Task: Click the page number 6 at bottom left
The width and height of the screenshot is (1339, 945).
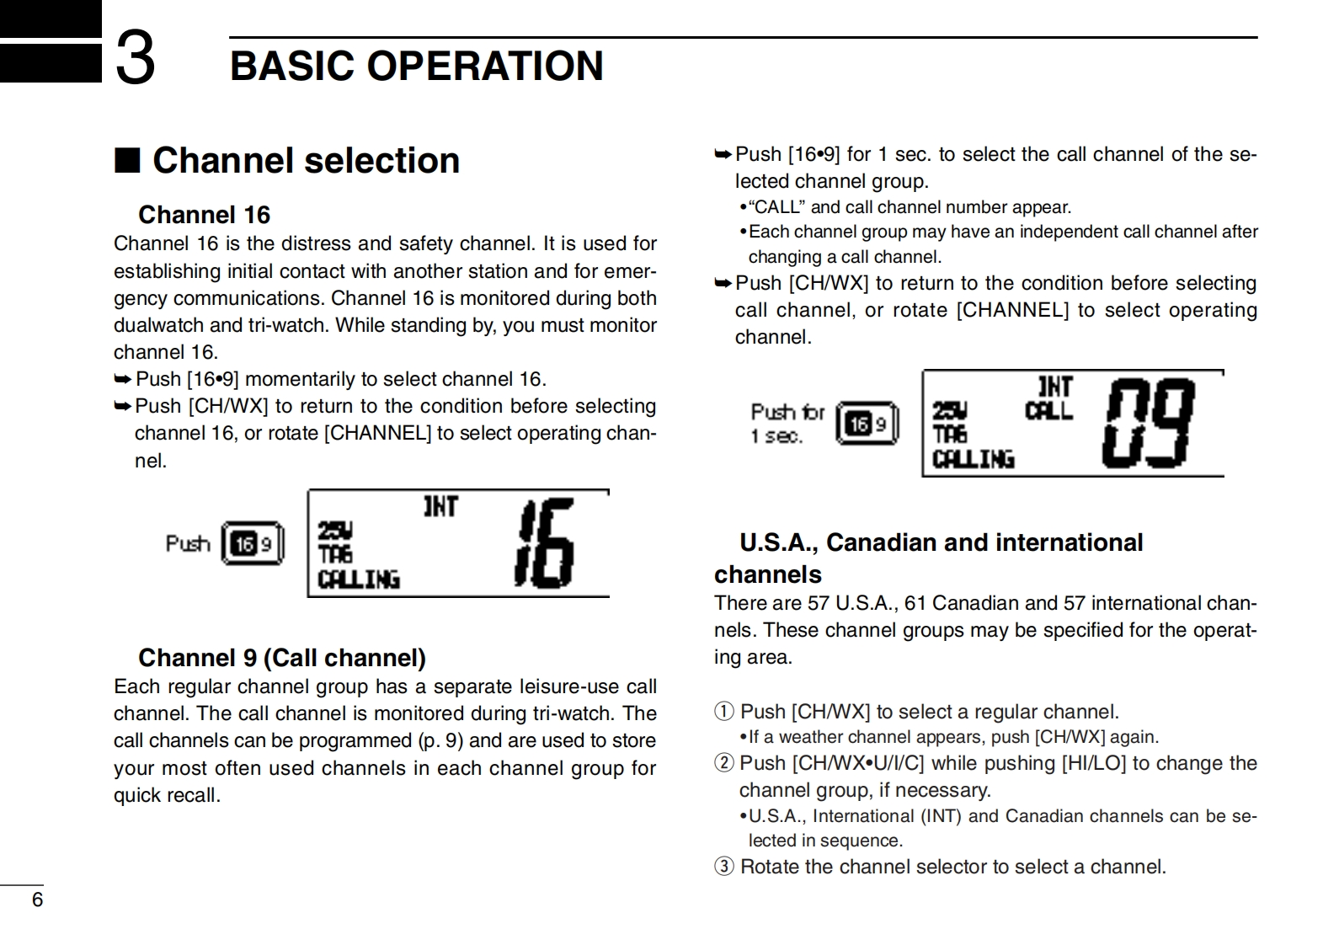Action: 37,900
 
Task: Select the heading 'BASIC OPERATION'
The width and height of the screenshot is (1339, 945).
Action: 417,66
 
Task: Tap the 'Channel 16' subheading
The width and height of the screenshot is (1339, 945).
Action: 204,215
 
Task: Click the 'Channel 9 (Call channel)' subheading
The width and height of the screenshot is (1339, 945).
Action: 282,657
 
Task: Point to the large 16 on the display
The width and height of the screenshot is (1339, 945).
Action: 545,543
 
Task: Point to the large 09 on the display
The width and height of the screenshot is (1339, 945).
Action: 1150,423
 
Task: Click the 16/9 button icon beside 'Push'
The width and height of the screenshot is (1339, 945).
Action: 252,543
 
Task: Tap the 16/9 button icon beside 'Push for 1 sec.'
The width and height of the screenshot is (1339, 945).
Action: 867,423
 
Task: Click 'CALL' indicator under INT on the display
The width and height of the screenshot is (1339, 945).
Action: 1048,411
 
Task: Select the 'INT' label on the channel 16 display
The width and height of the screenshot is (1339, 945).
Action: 440,506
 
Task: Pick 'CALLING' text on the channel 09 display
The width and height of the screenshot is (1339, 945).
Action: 973,459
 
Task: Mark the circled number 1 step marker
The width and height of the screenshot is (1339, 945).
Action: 723,712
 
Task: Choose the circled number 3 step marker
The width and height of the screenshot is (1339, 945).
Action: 723,867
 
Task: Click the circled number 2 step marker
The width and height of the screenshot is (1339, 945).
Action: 723,763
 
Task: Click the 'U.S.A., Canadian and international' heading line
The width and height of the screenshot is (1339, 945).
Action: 941,542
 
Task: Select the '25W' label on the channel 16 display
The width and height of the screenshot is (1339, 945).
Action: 334,531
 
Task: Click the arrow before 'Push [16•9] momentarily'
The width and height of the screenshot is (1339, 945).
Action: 123,379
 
